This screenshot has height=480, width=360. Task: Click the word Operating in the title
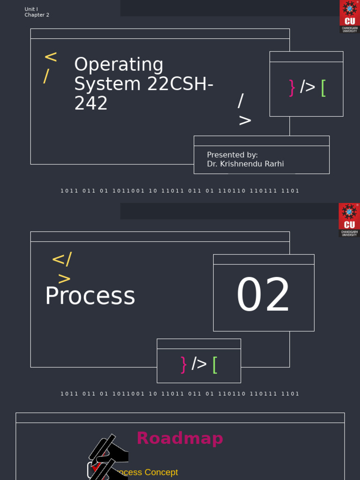tap(119, 65)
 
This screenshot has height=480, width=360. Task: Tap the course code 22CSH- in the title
tap(180, 84)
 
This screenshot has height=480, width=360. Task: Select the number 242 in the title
tap(91, 104)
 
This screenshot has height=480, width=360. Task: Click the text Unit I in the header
tap(31, 9)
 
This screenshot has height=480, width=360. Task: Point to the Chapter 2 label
tap(37, 15)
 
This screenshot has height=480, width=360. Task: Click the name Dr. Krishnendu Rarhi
tap(245, 164)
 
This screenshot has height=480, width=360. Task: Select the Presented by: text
tap(232, 155)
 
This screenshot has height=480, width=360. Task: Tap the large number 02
tap(263, 296)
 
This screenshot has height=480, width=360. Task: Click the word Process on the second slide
tap(90, 297)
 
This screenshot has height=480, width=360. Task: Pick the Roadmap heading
tap(180, 439)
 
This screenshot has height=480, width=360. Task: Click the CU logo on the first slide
tap(349, 16)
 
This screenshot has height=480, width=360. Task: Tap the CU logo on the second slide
tap(349, 219)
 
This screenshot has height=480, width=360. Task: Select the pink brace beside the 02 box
tap(183, 364)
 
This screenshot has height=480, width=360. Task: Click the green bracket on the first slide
tap(323, 88)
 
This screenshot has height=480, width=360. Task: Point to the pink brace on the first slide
tap(292, 88)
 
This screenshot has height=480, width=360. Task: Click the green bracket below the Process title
tap(215, 364)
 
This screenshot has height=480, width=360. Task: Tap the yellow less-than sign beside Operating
tap(51, 58)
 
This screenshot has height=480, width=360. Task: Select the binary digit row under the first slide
tap(180, 191)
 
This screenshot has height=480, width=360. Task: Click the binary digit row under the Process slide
tap(180, 394)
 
